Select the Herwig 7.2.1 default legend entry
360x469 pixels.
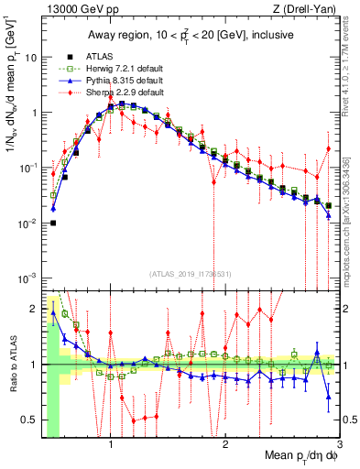click(x=107, y=68)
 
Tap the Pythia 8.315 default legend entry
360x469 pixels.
click(x=107, y=81)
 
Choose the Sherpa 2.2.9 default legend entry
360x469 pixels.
click(x=107, y=93)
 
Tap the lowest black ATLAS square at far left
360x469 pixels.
click(x=53, y=223)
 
